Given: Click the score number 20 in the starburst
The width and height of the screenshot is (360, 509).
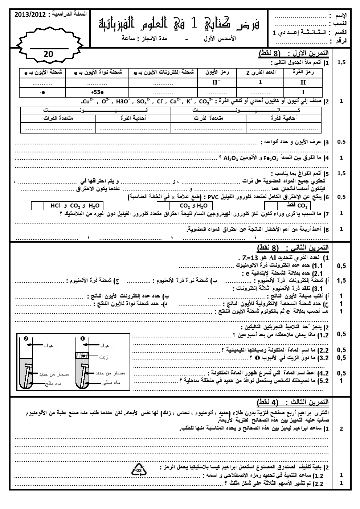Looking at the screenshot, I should pyautogui.click(x=48, y=54).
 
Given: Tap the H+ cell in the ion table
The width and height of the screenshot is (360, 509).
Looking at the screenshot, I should pyautogui.click(x=217, y=82).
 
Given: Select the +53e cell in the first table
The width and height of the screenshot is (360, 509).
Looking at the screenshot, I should pyautogui.click(x=97, y=92).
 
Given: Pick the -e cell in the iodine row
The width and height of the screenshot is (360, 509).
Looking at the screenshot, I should pyautogui.click(x=42, y=92).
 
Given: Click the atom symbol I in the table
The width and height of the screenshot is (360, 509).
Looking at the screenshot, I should pyautogui.click(x=303, y=92).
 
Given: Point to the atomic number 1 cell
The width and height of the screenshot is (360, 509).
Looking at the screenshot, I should pyautogui.click(x=260, y=82).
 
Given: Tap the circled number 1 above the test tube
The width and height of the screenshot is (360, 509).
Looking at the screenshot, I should pyautogui.click(x=83, y=339).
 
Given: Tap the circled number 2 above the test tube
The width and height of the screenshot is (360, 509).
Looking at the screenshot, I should pyautogui.click(x=26, y=339).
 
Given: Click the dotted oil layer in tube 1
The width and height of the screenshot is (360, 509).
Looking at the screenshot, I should pyautogui.click(x=82, y=356).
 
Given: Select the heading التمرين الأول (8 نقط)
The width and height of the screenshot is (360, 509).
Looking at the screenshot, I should pyautogui.click(x=294, y=54).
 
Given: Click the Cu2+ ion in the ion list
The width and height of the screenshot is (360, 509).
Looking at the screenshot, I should pyautogui.click(x=88, y=102).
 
